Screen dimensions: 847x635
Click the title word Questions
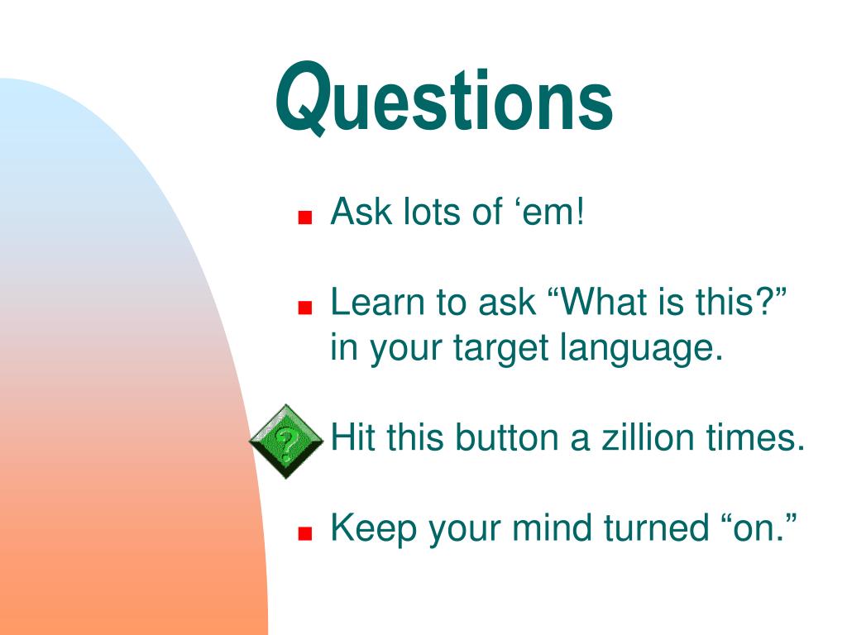tap(444, 98)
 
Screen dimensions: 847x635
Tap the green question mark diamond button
tap(286, 442)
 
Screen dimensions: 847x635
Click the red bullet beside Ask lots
tap(305, 217)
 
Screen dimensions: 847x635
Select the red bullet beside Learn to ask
tap(305, 308)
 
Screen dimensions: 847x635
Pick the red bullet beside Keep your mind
tap(305, 533)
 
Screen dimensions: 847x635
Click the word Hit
tap(353, 437)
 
